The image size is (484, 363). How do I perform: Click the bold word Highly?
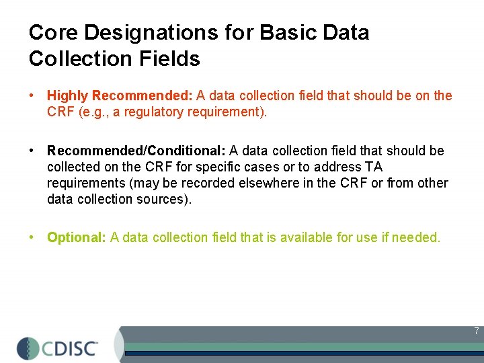tap(67, 96)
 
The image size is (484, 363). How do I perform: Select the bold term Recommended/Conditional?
tap(136, 151)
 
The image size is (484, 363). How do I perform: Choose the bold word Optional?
tap(77, 237)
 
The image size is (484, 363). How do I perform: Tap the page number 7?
tap(476, 331)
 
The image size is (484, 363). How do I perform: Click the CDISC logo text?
tap(71, 348)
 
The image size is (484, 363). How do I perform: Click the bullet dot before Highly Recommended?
tap(32, 96)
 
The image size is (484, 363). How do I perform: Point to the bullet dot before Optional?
tap(32, 237)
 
